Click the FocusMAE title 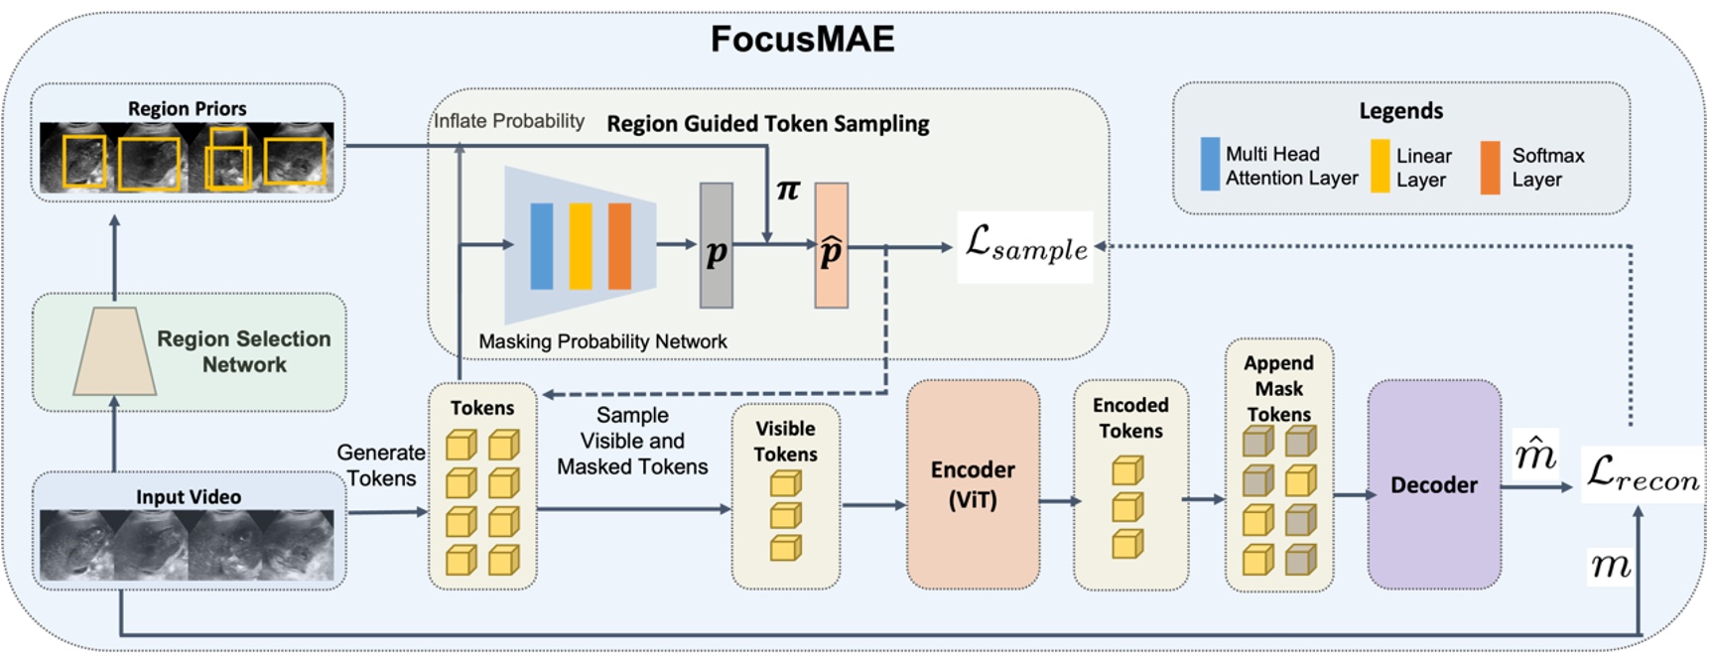[802, 40]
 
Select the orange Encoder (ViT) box [973, 484]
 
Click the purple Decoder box [1433, 484]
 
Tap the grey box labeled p [716, 246]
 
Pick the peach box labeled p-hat [831, 246]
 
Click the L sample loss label [1025, 246]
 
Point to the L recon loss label [1643, 474]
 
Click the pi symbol [787, 189]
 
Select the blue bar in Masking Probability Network [541, 246]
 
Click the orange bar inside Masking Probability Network [619, 246]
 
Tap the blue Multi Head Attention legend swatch [1210, 165]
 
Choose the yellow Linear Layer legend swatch [1380, 166]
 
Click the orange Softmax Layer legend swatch [1490, 167]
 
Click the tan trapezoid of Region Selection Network [115, 351]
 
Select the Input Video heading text [189, 496]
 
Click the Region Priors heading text [187, 108]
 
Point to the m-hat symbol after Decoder [1534, 455]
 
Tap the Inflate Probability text [509, 121]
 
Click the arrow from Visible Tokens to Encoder [873, 505]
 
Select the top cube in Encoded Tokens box [1127, 470]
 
